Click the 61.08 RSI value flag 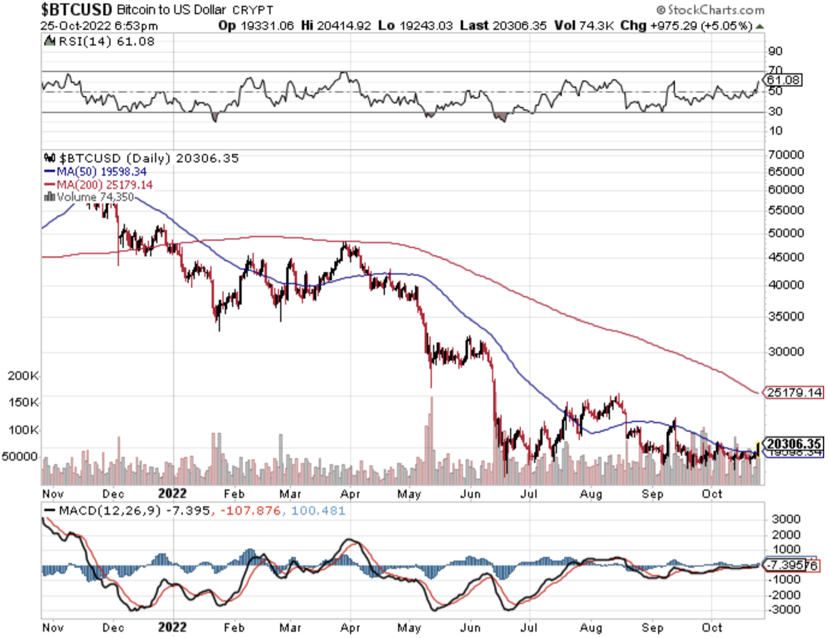coord(783,80)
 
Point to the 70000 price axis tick coord(785,155)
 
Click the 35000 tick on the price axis coord(785,316)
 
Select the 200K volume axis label coord(23,376)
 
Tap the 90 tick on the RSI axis coord(775,51)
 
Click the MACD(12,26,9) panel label coord(109,511)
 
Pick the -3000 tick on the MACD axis coord(785,609)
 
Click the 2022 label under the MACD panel coord(172,627)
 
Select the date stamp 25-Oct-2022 coord(75,26)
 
